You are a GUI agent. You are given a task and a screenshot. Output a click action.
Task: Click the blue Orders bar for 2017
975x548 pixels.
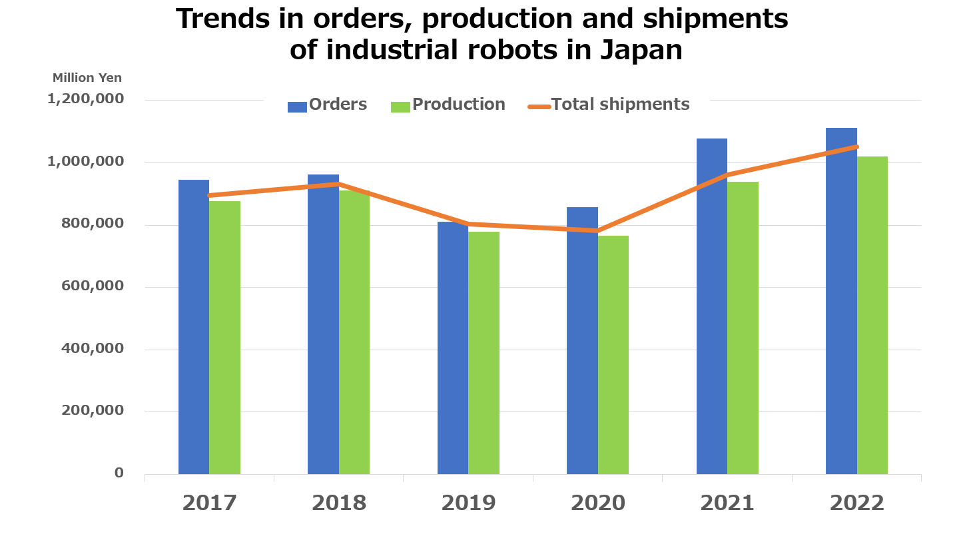(194, 326)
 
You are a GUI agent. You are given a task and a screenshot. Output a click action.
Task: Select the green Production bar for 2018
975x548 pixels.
(354, 333)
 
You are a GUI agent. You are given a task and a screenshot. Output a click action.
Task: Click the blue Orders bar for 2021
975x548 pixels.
(712, 306)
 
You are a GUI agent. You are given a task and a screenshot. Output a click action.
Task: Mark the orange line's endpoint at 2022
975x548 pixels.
(856, 146)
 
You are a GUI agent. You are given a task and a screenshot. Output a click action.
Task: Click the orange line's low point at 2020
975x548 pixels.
(598, 231)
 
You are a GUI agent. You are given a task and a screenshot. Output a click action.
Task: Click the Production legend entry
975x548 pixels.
(448, 105)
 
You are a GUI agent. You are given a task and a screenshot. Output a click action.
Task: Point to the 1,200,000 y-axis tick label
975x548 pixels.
(85, 99)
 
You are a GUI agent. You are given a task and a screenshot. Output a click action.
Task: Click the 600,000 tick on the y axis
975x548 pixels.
(93, 286)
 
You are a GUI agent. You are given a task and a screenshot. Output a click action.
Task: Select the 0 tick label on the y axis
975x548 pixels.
(119, 473)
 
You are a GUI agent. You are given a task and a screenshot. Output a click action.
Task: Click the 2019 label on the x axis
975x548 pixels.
(468, 503)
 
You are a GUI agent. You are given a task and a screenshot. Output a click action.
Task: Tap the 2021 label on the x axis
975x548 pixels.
(727, 503)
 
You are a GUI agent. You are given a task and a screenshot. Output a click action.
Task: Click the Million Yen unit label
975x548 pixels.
(87, 78)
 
